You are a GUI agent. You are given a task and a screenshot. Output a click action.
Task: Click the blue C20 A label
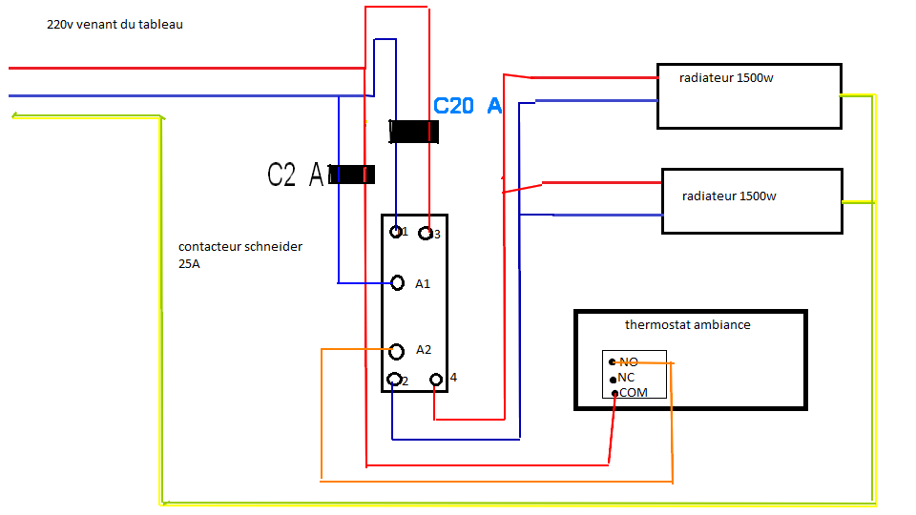pos(468,106)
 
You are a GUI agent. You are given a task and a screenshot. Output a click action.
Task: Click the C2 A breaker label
pos(296,175)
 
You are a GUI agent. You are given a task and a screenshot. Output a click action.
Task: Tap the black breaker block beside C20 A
pos(414,132)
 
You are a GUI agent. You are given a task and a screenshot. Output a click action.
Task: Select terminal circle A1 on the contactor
pos(399,282)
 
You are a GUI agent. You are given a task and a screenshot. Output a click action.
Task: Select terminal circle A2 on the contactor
pos(397,351)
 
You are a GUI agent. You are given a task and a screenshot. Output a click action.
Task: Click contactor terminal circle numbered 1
pos(396,231)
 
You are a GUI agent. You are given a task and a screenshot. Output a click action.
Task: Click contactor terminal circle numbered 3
pos(426,234)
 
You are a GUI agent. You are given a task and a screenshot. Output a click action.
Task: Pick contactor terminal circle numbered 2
pos(393,381)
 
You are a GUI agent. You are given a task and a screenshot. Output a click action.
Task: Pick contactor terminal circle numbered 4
pos(436,380)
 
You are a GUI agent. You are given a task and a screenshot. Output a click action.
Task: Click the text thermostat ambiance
pos(687,325)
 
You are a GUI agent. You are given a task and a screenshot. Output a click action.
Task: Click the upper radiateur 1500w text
pos(726,78)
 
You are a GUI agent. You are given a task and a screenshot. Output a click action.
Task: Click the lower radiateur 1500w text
pos(729,196)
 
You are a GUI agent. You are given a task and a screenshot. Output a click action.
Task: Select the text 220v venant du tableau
pos(114,25)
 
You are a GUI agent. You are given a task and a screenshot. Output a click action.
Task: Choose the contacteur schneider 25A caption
pos(240,255)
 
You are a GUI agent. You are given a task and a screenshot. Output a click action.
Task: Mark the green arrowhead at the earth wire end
pos(16,116)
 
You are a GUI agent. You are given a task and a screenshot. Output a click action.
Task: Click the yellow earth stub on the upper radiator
pos(857,95)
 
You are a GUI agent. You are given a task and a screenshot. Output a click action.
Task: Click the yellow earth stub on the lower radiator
pos(858,201)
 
